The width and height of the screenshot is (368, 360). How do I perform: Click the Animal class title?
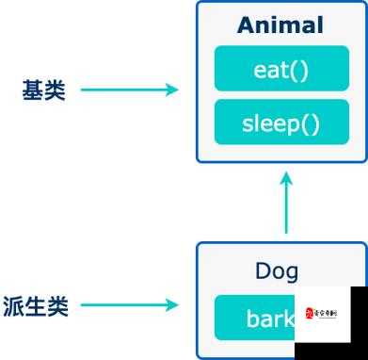(280, 25)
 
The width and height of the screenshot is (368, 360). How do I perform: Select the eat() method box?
(280, 71)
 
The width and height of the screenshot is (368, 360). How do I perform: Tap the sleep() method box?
(280, 123)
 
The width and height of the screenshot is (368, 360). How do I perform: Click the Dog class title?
(277, 271)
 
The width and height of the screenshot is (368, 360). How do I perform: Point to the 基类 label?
(43, 90)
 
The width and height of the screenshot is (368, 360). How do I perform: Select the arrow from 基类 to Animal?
(128, 90)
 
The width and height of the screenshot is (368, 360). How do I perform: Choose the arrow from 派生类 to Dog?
(128, 305)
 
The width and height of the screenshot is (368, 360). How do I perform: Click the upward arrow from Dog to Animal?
(286, 203)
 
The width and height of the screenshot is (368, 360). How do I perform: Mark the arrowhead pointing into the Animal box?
(170, 90)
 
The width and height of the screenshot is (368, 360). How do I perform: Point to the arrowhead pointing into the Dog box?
(170, 305)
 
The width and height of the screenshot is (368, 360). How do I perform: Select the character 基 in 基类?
(32, 90)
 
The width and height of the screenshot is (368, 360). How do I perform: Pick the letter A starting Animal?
(247, 25)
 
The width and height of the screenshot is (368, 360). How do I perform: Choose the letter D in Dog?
(263, 271)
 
